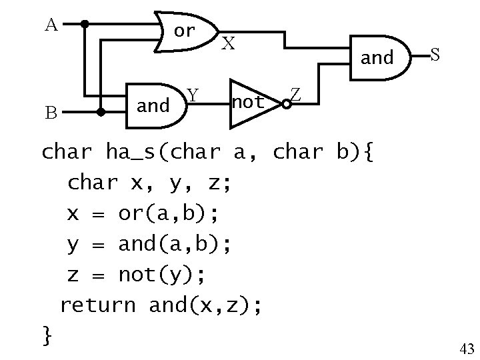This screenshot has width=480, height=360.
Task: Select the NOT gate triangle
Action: [251, 103]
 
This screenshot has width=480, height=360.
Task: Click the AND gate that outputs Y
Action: [155, 105]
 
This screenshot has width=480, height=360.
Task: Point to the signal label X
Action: [228, 44]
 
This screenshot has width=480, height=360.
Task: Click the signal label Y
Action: [192, 97]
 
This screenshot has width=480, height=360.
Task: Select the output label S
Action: [434, 55]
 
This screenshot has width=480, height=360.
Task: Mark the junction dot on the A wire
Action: [85, 24]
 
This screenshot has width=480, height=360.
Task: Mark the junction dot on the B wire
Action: [101, 113]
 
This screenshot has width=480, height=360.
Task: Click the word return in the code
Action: [97, 305]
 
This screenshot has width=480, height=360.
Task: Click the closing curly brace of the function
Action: [47, 335]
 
